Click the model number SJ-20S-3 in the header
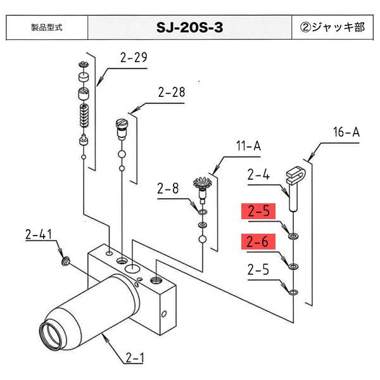(x=189, y=28)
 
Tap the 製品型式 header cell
(x=46, y=28)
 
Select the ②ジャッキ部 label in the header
(x=333, y=28)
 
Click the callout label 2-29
(x=133, y=59)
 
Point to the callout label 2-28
(x=172, y=92)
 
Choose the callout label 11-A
(x=248, y=146)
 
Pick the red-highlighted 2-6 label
(x=258, y=241)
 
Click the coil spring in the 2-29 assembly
(x=84, y=116)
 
